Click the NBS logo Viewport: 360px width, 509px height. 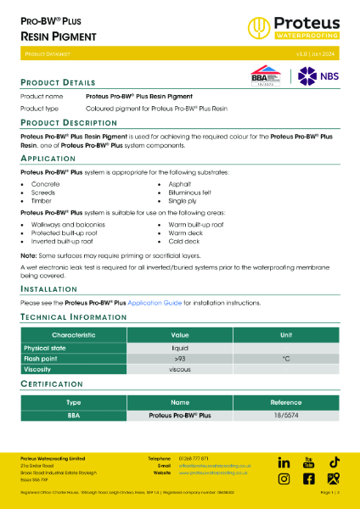pos(316,75)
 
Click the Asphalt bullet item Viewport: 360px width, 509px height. pos(179,184)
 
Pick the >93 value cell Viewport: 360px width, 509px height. pos(180,359)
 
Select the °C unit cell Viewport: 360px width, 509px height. pos(286,359)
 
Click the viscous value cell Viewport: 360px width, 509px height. pos(180,370)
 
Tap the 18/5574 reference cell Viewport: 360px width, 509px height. pos(286,416)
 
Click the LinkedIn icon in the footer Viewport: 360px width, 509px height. pos(284,462)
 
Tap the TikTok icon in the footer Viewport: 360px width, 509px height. pos(335,462)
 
